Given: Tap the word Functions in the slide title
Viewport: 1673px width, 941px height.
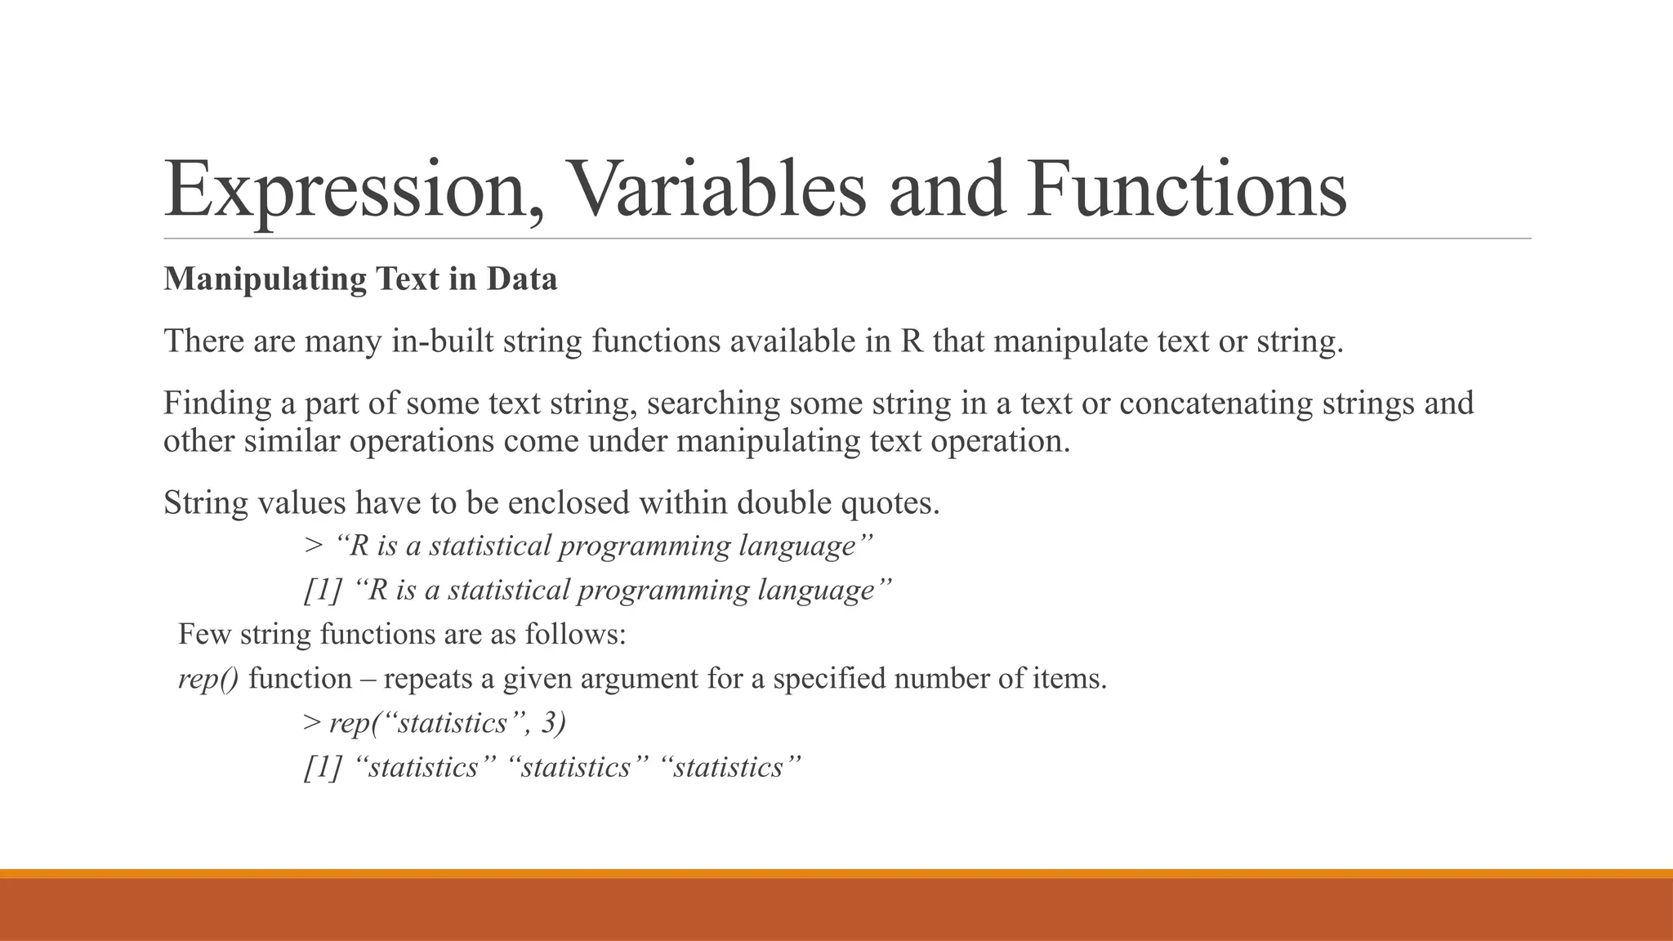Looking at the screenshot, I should pyautogui.click(x=1187, y=190).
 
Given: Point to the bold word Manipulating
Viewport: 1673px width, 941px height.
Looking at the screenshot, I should pyautogui.click(x=265, y=279).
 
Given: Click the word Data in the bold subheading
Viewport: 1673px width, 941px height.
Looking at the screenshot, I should pyautogui.click(x=522, y=279).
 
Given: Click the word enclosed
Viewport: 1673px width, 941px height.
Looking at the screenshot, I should pyautogui.click(x=569, y=502).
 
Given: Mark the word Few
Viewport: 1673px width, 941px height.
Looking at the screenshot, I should pyautogui.click(x=204, y=634).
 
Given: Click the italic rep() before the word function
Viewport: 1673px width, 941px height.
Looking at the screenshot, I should pyautogui.click(x=208, y=679).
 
